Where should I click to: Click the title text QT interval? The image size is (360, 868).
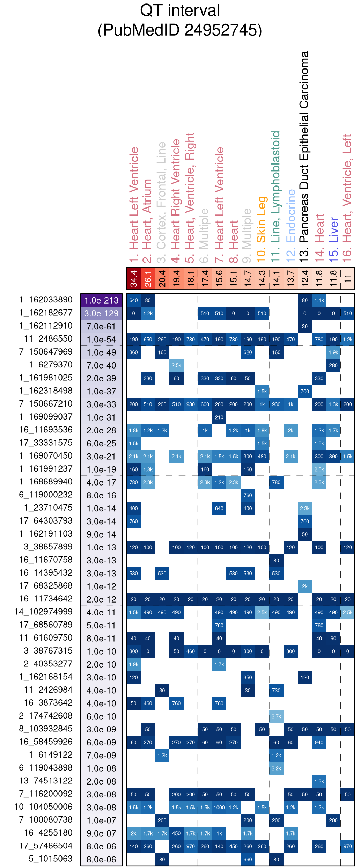(180, 10)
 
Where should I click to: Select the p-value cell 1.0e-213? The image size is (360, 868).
(101, 300)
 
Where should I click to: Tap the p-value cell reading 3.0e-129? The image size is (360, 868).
(101, 313)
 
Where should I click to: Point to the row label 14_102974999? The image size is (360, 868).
(43, 612)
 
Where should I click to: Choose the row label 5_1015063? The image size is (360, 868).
(51, 859)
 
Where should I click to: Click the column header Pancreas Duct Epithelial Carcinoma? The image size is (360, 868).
(304, 157)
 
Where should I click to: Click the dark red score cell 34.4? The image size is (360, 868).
(133, 279)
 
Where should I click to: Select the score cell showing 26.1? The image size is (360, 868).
(148, 279)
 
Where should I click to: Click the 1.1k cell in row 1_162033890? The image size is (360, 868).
(319, 300)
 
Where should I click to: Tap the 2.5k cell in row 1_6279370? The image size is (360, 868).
(176, 365)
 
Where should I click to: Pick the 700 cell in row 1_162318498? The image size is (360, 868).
(305, 391)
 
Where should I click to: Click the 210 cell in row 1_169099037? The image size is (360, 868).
(219, 417)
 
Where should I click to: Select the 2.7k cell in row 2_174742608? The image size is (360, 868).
(276, 716)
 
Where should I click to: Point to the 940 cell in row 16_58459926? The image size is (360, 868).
(319, 742)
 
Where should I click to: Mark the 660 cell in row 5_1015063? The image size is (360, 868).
(248, 859)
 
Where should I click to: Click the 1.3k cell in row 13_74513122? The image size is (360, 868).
(319, 781)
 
